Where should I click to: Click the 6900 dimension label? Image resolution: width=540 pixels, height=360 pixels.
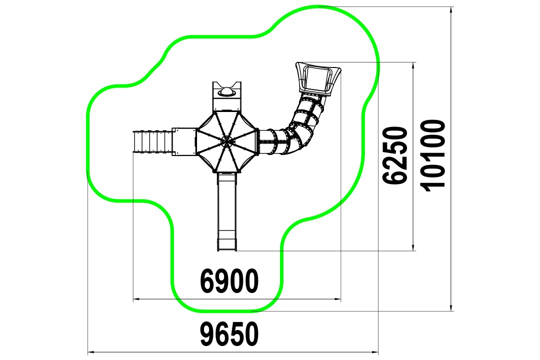coord(229,281)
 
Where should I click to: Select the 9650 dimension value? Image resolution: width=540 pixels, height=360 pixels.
coord(229,334)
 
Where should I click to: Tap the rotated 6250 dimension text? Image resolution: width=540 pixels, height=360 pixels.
coord(395,155)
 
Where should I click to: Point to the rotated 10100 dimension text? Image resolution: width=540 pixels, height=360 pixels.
coord(433,155)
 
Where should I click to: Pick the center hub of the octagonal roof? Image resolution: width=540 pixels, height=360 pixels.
coord(226,140)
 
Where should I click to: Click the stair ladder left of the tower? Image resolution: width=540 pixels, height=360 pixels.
coord(152,141)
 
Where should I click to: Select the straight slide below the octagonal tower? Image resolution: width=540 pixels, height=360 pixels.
coord(227,211)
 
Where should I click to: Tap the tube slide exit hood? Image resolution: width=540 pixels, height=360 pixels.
coord(318,78)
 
